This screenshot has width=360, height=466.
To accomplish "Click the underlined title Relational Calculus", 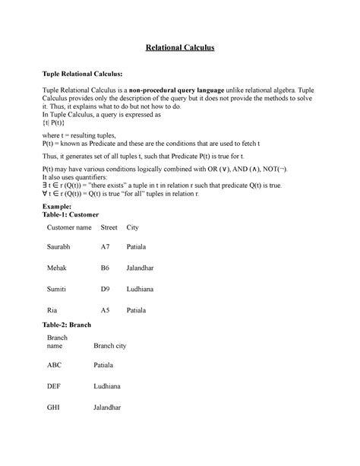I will pyautogui.click(x=180, y=49).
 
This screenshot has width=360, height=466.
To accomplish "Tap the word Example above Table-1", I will pyautogui.click(x=60, y=206).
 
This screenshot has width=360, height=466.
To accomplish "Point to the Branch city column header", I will pyautogui.click(x=109, y=345).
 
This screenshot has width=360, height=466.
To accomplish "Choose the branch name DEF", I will pyautogui.click(x=55, y=386).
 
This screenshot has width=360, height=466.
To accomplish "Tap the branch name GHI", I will pyautogui.click(x=54, y=407).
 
